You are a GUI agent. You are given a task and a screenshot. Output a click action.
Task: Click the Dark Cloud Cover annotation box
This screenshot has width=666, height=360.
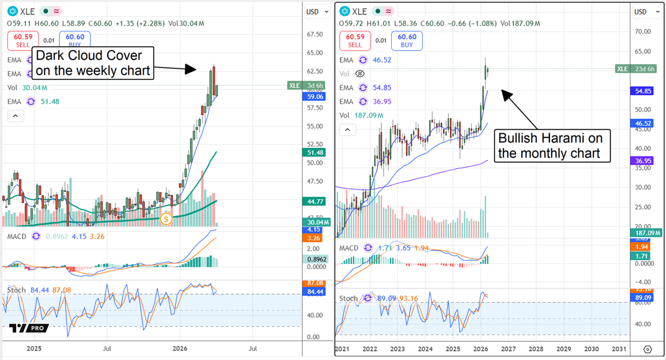(92, 63)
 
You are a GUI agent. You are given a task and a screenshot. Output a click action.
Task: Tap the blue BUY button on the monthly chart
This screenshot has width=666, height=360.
(407, 40)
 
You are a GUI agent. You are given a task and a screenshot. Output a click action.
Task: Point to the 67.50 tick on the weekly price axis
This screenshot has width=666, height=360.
(315, 34)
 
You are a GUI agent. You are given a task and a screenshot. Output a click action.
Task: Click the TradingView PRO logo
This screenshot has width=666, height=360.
(29, 328)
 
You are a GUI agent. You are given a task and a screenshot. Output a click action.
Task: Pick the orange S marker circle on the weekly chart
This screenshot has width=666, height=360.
(165, 219)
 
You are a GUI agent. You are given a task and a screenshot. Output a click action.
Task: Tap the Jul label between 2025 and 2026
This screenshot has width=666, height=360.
(107, 349)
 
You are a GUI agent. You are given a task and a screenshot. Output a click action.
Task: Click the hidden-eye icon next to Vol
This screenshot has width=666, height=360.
(360, 73)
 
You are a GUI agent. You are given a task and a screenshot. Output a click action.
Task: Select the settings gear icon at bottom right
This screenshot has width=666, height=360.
(647, 349)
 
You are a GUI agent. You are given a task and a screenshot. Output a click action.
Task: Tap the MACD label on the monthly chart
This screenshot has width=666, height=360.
(349, 248)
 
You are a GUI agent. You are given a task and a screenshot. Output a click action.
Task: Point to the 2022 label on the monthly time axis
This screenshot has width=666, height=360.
(370, 349)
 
